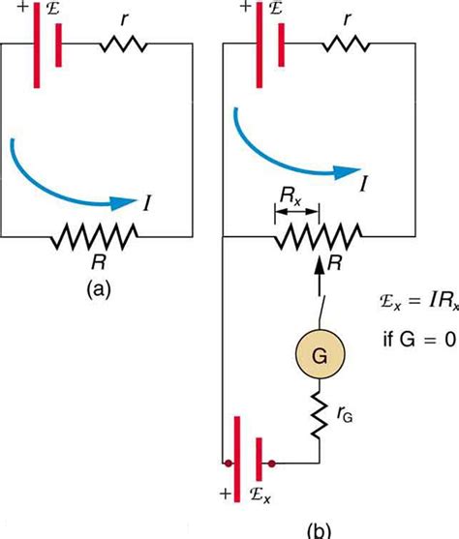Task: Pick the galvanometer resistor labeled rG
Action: click(x=318, y=418)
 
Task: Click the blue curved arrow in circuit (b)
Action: click(x=291, y=155)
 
